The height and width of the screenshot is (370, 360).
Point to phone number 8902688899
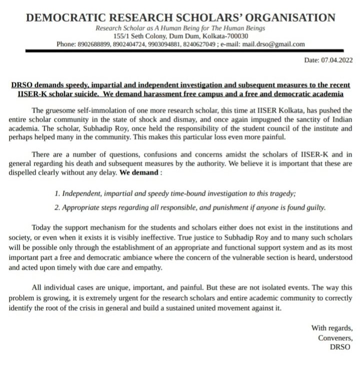[x=94, y=44]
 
